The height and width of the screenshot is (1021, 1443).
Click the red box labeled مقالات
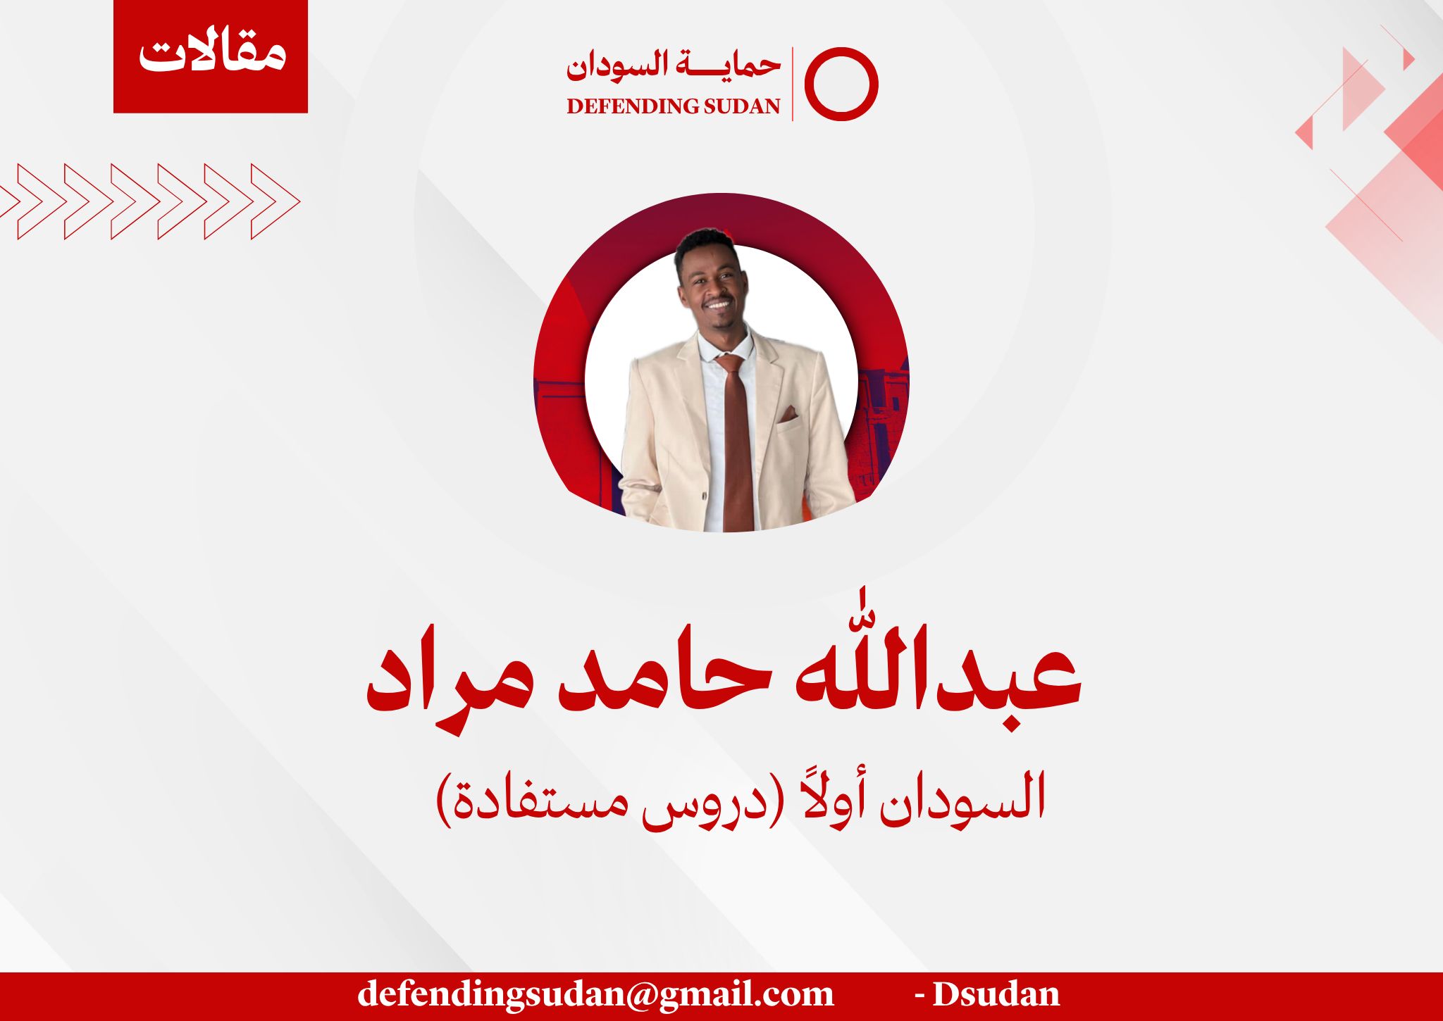pyautogui.click(x=211, y=56)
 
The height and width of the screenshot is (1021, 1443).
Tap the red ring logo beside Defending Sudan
pyautogui.click(x=807, y=84)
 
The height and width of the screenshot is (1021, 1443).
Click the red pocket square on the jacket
pyautogui.click(x=788, y=415)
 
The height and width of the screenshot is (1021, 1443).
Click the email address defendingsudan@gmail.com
pyautogui.click(x=595, y=994)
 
